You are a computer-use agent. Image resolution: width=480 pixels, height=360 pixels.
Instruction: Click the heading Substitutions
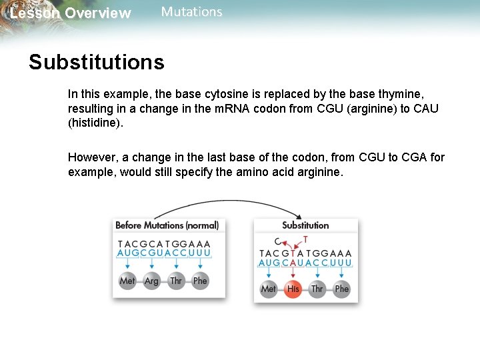coord(96,62)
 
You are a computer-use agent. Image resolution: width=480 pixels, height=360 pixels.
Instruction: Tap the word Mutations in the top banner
coord(191,12)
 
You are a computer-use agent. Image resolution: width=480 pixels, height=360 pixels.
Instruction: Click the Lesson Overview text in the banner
coord(71,13)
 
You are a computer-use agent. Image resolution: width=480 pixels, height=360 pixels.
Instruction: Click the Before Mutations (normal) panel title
coord(167,225)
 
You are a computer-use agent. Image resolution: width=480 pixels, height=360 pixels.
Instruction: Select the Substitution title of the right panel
coord(305,225)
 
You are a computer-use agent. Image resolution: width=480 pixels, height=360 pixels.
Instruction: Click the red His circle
coord(293,289)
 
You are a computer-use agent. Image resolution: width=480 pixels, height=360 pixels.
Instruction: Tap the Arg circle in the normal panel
coord(151,281)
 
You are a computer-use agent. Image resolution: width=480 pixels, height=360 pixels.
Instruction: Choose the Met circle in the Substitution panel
coord(268,289)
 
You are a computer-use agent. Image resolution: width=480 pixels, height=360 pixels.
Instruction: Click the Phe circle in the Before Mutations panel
coord(200,281)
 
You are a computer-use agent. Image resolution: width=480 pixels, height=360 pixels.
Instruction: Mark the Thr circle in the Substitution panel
coord(317,289)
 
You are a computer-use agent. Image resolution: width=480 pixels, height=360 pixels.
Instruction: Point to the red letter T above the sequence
coord(305,239)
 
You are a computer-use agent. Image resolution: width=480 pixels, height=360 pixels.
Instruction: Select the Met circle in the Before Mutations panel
coord(127,281)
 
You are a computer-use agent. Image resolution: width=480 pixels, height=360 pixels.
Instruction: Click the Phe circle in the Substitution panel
coord(342,289)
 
